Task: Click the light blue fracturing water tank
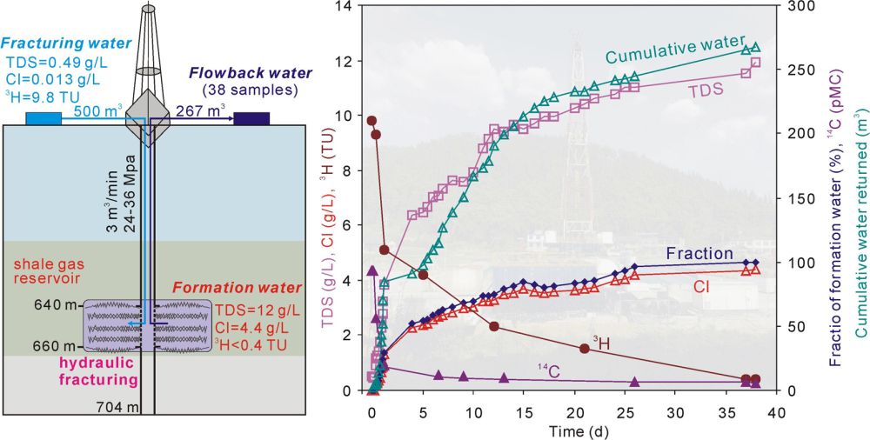point(43,118)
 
